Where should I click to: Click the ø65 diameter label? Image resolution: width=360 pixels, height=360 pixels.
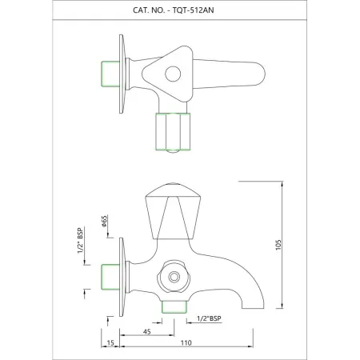[x=105, y=222]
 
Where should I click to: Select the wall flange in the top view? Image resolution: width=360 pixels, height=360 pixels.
[x=122, y=74]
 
